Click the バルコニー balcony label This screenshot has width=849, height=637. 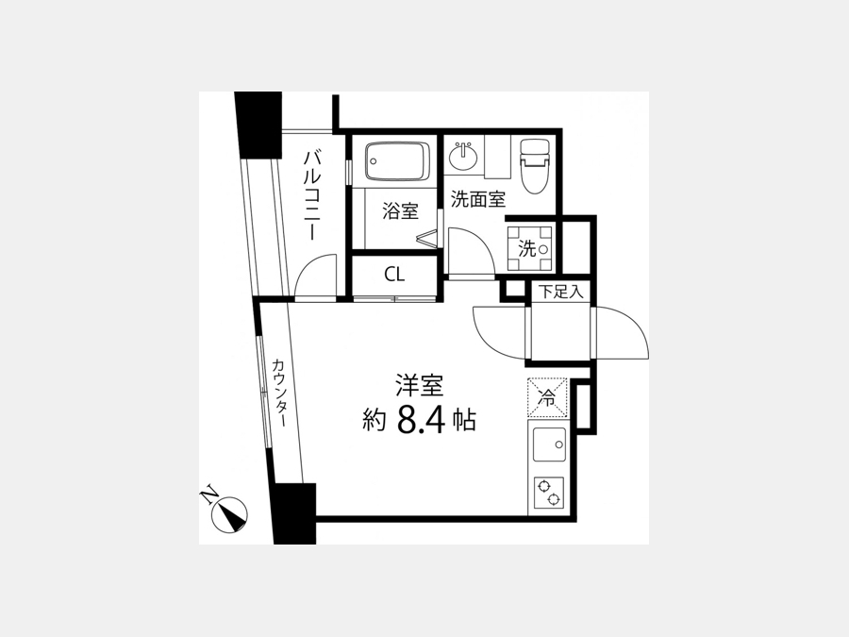(313, 195)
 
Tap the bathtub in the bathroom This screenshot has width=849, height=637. (397, 160)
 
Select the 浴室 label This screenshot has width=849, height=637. (400, 210)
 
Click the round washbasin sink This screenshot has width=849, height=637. (463, 157)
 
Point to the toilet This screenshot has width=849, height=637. (535, 166)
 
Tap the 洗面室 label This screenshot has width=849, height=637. (478, 199)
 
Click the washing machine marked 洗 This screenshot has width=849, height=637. (529, 248)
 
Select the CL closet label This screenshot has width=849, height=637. (394, 275)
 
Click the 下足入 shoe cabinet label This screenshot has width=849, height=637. (561, 293)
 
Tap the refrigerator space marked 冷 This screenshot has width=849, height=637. (547, 397)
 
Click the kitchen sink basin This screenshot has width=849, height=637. (549, 444)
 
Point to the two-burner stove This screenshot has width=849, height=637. (548, 493)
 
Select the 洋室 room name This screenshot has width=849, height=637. (419, 386)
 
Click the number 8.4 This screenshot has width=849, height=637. (421, 420)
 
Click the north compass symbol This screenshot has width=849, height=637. (229, 513)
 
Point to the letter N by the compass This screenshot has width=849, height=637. (208, 496)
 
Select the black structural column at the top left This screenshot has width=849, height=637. (258, 126)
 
